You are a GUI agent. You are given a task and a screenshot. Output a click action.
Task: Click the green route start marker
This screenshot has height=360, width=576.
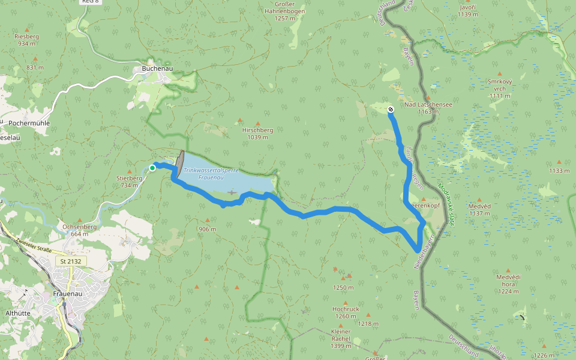(152, 168)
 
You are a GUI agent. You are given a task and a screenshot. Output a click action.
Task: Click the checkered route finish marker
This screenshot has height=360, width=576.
(391, 109)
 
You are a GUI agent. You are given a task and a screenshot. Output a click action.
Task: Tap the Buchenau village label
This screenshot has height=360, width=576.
(157, 69)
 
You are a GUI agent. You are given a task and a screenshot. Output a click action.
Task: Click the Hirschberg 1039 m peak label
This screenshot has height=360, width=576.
(257, 133)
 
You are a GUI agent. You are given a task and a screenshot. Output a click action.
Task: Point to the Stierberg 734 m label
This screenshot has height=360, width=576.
(129, 181)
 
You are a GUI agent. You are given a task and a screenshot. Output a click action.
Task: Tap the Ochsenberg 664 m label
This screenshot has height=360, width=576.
(80, 230)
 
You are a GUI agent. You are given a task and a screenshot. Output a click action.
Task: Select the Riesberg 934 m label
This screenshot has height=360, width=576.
(26, 40)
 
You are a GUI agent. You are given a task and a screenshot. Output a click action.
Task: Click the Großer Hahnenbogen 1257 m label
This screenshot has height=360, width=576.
(285, 11)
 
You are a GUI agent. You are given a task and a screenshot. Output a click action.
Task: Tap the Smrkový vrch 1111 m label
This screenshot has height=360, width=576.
(500, 88)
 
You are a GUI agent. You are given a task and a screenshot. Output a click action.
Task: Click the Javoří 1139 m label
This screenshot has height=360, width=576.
(467, 10)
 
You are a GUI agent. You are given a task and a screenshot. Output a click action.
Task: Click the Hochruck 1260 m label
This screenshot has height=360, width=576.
(346, 313)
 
